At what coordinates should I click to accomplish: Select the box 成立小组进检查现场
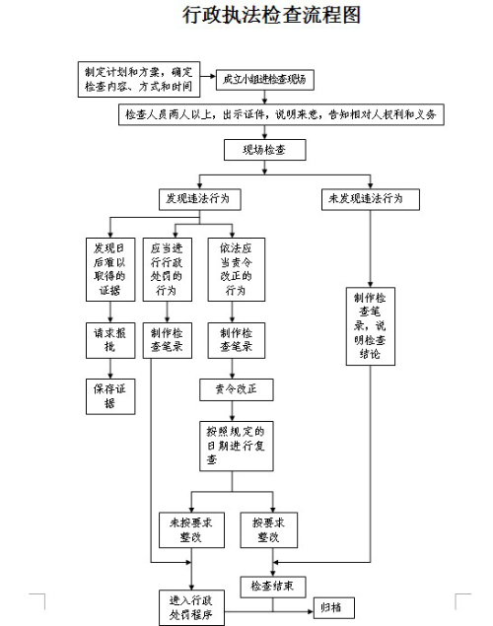[x=264, y=76]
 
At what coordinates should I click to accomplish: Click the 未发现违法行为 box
[x=371, y=198]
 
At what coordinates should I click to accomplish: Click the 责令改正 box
[x=234, y=388]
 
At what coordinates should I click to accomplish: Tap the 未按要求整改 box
[x=184, y=530]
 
